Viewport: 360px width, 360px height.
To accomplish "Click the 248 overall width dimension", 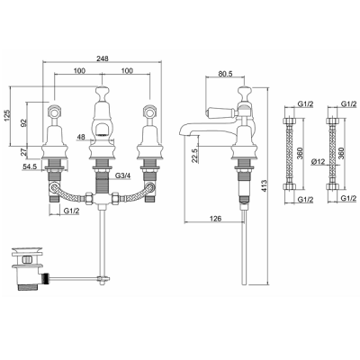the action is (x=102, y=58).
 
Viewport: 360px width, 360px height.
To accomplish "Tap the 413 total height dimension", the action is (x=264, y=186).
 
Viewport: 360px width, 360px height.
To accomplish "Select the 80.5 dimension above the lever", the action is (x=225, y=74).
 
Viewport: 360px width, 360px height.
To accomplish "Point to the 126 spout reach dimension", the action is (x=215, y=219).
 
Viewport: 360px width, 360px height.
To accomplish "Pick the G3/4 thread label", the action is (x=123, y=175).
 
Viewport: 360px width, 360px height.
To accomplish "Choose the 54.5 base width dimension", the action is (x=30, y=166).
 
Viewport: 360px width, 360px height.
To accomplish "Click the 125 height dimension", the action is (x=8, y=116).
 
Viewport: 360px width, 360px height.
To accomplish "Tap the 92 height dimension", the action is (x=24, y=122).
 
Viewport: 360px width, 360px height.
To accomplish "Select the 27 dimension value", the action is (x=24, y=151).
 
